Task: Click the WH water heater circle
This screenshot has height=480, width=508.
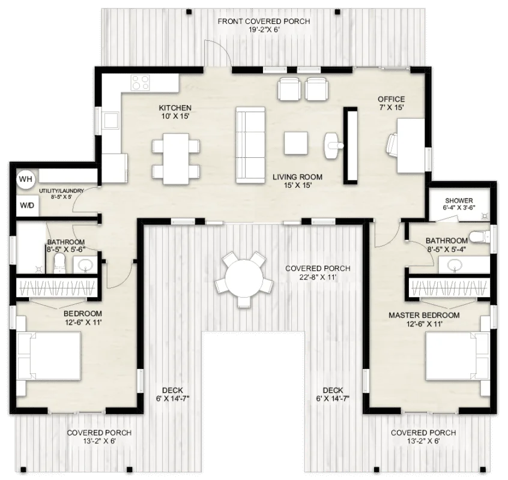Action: [x=25, y=179]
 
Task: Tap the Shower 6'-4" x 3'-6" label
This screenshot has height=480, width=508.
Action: [x=459, y=205]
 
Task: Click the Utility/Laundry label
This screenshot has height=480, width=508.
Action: [x=61, y=193]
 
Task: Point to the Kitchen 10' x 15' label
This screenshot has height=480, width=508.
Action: [x=175, y=112]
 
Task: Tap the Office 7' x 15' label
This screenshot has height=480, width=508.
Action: [x=391, y=103]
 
